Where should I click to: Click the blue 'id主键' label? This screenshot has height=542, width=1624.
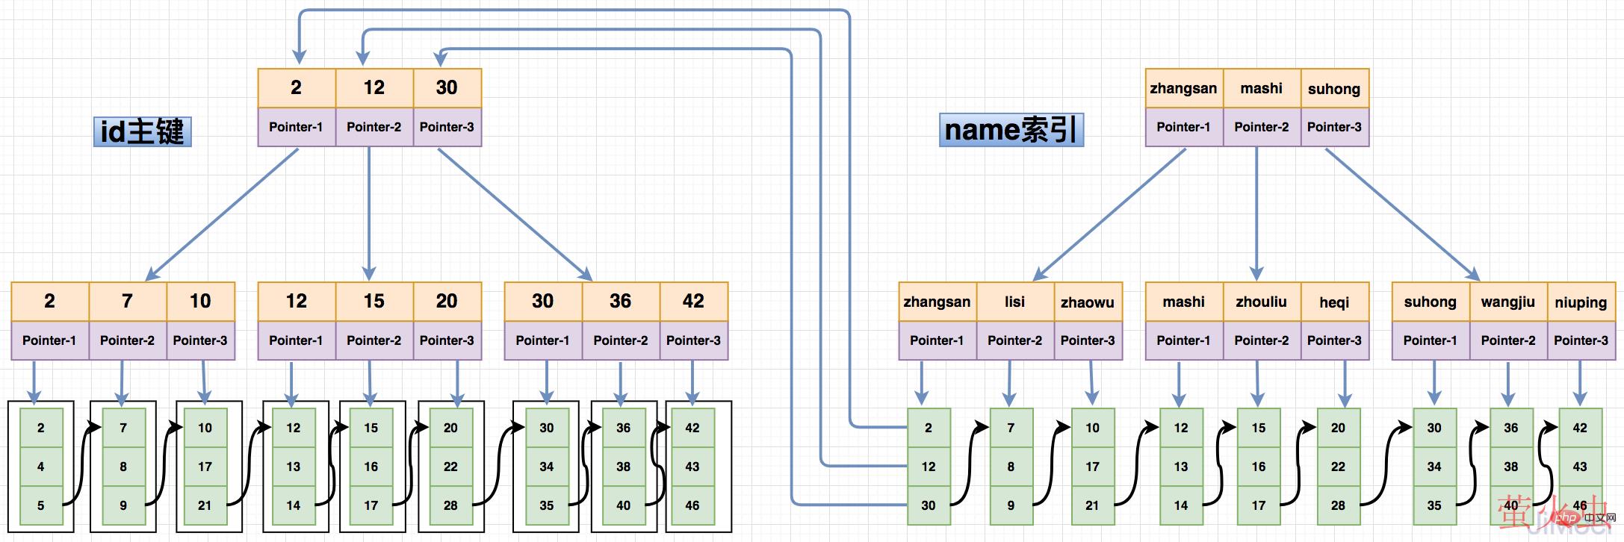[x=142, y=131]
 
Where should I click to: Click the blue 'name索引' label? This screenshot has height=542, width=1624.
[x=1011, y=130]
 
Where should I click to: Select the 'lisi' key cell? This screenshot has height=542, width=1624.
[x=1014, y=302]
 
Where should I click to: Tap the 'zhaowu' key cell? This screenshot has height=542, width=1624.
[x=1088, y=302]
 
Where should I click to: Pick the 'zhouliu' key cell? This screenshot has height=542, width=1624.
[x=1261, y=302]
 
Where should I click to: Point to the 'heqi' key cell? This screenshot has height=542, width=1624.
[x=1334, y=302]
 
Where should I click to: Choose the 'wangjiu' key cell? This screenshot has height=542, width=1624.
[x=1507, y=302]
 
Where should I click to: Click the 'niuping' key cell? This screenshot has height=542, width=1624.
[x=1581, y=302]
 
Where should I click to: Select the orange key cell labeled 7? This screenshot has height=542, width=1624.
[x=127, y=302]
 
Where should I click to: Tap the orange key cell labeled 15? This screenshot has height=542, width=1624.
[x=374, y=302]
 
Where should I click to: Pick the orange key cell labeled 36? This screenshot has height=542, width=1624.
[x=620, y=302]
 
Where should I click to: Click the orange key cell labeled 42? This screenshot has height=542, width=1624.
[x=693, y=302]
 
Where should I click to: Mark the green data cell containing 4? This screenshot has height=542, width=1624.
[x=41, y=467]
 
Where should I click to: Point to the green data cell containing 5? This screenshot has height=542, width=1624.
[x=41, y=505]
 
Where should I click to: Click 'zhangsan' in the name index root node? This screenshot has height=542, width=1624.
[x=1183, y=88]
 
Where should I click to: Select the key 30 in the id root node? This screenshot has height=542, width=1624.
[x=447, y=88]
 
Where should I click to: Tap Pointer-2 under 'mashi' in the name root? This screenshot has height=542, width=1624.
[x=1261, y=127]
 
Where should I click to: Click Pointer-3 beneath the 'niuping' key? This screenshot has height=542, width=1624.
[x=1581, y=340]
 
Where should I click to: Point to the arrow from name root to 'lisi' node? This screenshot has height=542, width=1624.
[x=1109, y=214]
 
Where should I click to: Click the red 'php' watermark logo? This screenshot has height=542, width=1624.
[x=1566, y=517]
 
